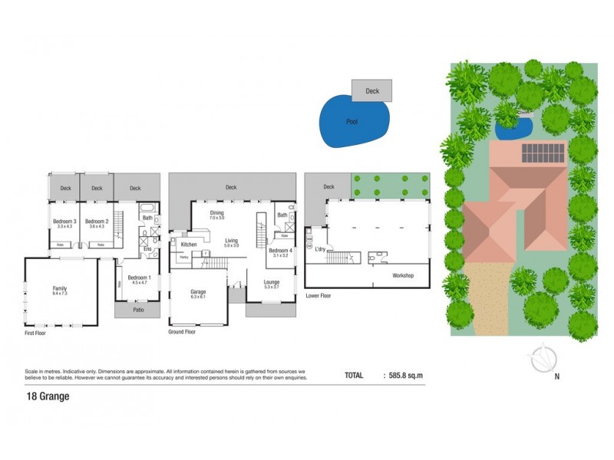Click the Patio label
[138, 310]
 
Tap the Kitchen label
[189, 245]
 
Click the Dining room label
[217, 213]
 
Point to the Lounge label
[272, 282]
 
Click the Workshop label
[403, 274]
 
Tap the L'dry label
[320, 249]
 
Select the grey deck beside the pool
[372, 90]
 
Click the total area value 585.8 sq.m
[403, 376]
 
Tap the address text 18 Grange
[48, 396]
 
